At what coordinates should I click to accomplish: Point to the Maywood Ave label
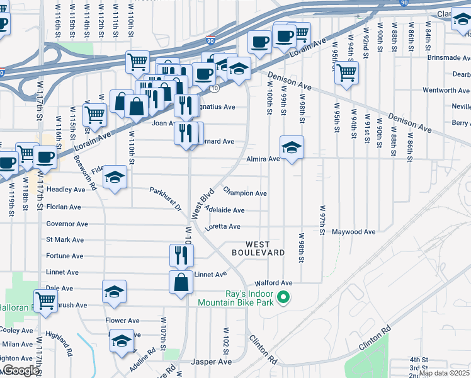[354, 232]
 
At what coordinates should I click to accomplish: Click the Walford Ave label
[273, 283]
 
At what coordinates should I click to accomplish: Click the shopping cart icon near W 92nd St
[346, 72]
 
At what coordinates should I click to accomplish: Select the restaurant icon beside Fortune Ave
[181, 255]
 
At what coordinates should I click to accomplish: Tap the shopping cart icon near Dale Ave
[46, 301]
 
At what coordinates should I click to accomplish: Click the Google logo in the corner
[20, 371]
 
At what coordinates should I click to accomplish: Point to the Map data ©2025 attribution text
[444, 373]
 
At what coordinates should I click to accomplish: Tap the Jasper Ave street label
[212, 362]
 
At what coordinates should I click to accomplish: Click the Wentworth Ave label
[446, 90]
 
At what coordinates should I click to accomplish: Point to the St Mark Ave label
[65, 240]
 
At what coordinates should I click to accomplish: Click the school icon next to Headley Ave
[115, 178]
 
